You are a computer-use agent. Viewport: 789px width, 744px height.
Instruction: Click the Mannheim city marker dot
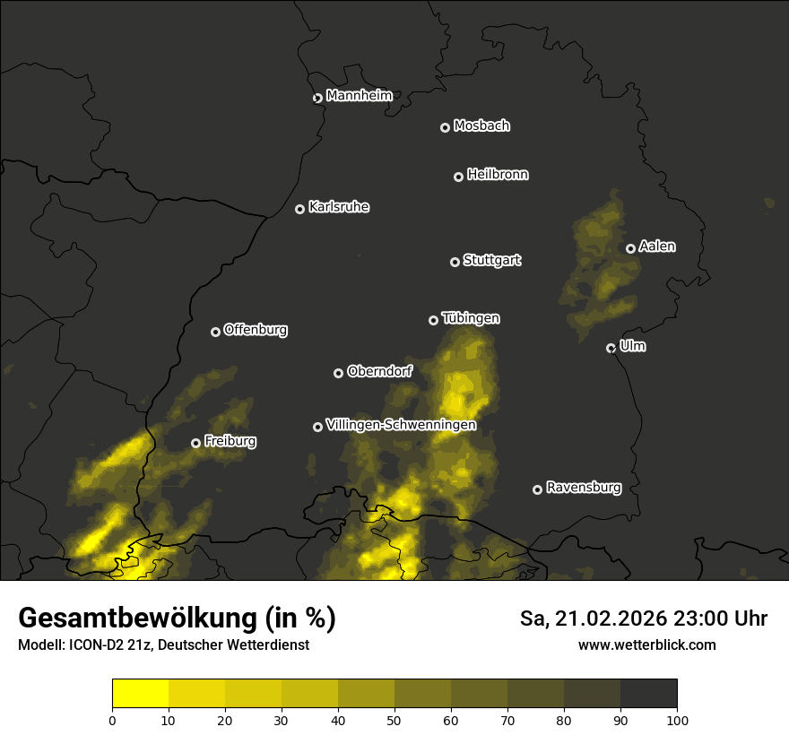pyautogui.click(x=317, y=99)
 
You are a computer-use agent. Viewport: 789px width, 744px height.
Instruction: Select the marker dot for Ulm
pyautogui.click(x=611, y=348)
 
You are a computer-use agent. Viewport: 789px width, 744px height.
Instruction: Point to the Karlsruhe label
pyautogui.click(x=339, y=207)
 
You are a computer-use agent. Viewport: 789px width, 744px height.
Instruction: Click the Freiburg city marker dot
pyautogui.click(x=195, y=443)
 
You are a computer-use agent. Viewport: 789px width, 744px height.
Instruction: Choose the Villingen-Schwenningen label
pyautogui.click(x=401, y=425)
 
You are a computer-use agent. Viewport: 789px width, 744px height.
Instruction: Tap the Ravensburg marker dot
pyautogui.click(x=537, y=489)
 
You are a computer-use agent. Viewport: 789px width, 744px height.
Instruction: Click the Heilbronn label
pyautogui.click(x=498, y=175)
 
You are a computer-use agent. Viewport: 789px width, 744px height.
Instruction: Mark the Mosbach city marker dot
pyautogui.click(x=445, y=128)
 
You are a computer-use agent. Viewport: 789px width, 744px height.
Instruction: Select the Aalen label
pyautogui.click(x=657, y=247)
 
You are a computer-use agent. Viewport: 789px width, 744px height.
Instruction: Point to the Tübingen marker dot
pyautogui.click(x=433, y=320)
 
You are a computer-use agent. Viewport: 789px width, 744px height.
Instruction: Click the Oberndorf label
pyautogui.click(x=380, y=371)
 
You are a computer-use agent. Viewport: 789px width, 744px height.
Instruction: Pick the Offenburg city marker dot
pyautogui.click(x=215, y=332)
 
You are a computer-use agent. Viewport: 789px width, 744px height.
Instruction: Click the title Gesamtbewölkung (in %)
pyautogui.click(x=177, y=619)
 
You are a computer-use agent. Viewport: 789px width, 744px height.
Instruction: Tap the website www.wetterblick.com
pyautogui.click(x=646, y=645)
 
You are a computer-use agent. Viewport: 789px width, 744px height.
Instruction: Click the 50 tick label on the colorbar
pyautogui.click(x=394, y=719)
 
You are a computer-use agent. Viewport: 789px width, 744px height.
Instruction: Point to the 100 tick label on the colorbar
pyautogui.click(x=677, y=719)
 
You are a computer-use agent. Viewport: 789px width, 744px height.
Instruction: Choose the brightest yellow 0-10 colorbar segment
pyautogui.click(x=140, y=694)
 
